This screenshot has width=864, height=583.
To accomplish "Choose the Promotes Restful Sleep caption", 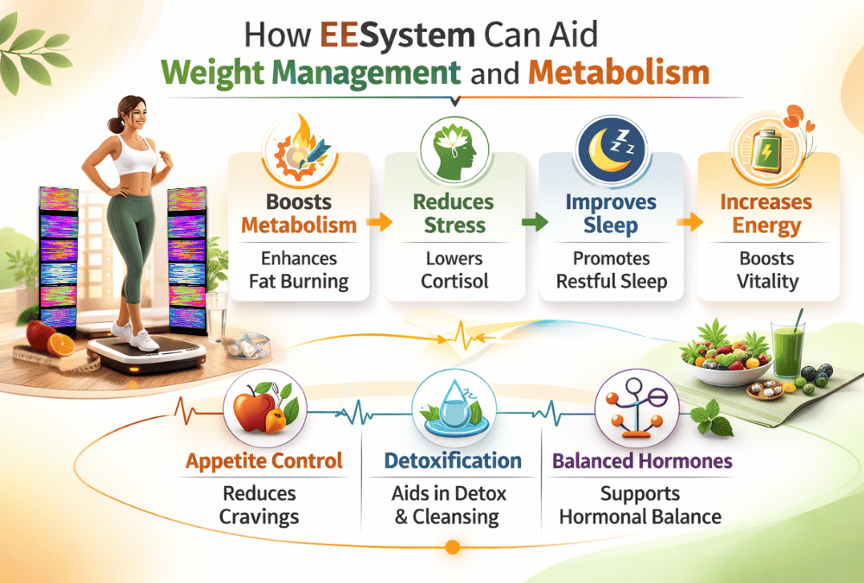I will point(611,270).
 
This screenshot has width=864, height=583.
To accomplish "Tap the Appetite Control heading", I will point(264,461).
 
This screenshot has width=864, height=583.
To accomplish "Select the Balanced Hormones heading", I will point(642,461).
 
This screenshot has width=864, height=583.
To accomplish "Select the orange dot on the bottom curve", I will point(451,547).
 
